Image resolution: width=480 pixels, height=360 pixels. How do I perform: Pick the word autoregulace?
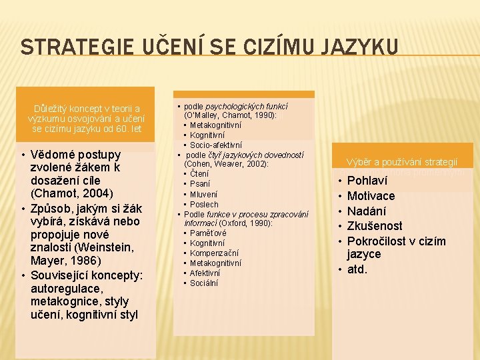pos(65,288)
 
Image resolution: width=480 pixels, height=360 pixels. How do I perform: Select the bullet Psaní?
pos(200,184)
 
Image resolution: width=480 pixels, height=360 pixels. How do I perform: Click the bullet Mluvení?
pos(204,194)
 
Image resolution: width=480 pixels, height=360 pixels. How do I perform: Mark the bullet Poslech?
pos(204,204)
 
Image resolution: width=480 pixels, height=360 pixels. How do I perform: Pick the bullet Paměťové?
pos(208,233)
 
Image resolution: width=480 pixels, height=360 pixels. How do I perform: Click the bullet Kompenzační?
pos(215,253)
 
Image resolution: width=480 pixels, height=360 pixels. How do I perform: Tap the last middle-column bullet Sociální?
pos(205,283)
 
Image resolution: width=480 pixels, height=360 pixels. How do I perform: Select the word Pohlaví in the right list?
pos(367,181)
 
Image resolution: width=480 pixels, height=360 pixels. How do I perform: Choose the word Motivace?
pos(371,196)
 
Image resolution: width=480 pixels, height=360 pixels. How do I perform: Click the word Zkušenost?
pos(375,226)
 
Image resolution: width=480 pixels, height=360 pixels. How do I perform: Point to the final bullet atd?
pos(357,270)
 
